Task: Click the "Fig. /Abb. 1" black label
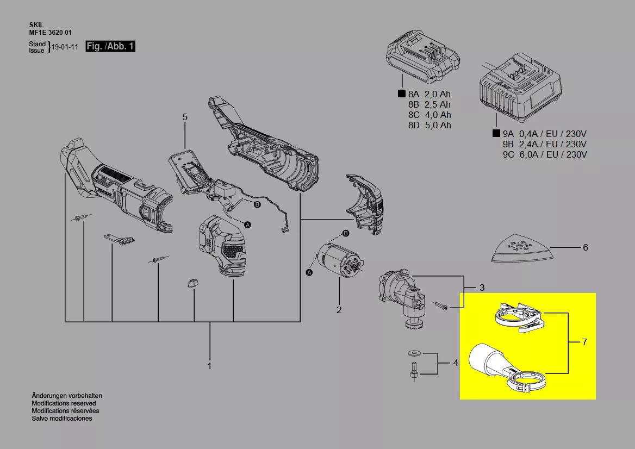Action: [x=110, y=47]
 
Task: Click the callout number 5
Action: [x=185, y=117]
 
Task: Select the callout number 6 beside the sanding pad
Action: [x=585, y=248]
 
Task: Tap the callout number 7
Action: [x=584, y=342]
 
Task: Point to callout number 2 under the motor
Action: [x=339, y=310]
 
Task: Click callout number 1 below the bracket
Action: [x=210, y=366]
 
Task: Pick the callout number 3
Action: [x=482, y=287]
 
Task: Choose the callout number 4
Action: [x=456, y=363]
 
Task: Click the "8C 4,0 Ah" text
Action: [x=429, y=115]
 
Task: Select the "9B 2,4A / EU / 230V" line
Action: [x=545, y=144]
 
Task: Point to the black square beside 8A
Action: [x=401, y=94]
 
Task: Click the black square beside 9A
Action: [x=496, y=134]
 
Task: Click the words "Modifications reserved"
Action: [x=64, y=403]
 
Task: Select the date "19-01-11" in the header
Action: [x=65, y=47]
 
